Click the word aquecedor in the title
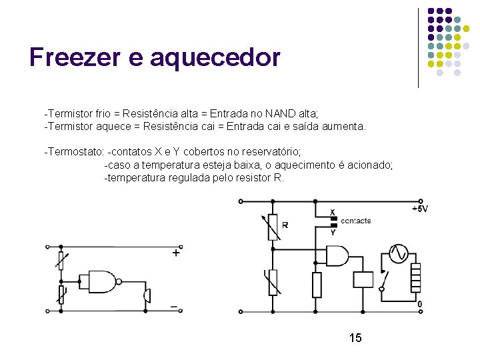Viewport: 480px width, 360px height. click(215, 59)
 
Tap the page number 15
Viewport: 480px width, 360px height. click(355, 338)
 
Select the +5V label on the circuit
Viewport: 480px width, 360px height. click(419, 209)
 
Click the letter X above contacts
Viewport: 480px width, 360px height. click(333, 212)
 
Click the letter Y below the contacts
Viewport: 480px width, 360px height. click(333, 232)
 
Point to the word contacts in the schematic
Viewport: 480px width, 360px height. click(355, 221)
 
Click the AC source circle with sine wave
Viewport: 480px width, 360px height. click(398, 254)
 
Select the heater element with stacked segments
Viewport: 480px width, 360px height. click(415, 277)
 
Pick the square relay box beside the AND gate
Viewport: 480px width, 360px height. click(363, 279)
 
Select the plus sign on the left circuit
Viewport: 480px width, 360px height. click(176, 253)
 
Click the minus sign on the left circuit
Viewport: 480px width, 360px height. click(174, 307)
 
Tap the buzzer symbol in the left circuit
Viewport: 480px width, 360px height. click(147, 296)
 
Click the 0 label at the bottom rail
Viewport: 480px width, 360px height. click(419, 305)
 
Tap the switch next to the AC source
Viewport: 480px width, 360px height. click(383, 279)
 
